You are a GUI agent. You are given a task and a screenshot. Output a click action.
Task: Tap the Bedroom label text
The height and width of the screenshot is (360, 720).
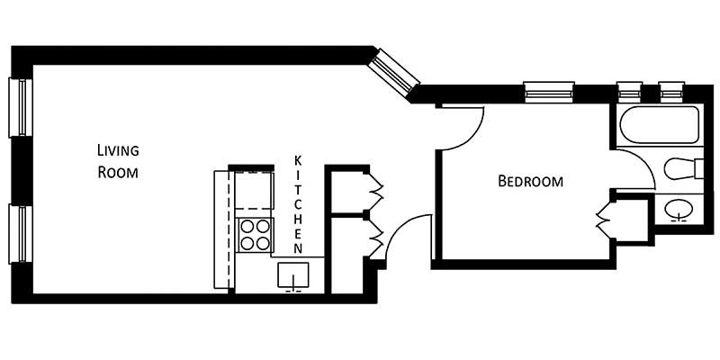531,181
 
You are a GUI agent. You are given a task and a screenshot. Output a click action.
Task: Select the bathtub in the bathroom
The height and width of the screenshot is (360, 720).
657,125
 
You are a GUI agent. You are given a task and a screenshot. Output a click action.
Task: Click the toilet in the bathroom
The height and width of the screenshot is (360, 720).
683,168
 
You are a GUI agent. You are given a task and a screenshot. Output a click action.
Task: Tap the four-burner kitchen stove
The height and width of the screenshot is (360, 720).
255,234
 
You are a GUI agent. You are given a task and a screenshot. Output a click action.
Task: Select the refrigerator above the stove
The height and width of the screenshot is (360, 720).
254,190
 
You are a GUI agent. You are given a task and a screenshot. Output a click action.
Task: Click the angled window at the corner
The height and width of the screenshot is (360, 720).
397,72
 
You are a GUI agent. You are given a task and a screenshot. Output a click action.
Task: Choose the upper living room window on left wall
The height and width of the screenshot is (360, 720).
20,108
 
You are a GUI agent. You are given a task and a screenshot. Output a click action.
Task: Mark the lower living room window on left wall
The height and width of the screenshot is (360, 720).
20,234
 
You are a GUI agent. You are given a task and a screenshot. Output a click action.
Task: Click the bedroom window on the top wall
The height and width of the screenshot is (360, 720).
549,92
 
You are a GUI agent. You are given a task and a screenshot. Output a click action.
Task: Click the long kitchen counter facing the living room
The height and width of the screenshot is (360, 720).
221,229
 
